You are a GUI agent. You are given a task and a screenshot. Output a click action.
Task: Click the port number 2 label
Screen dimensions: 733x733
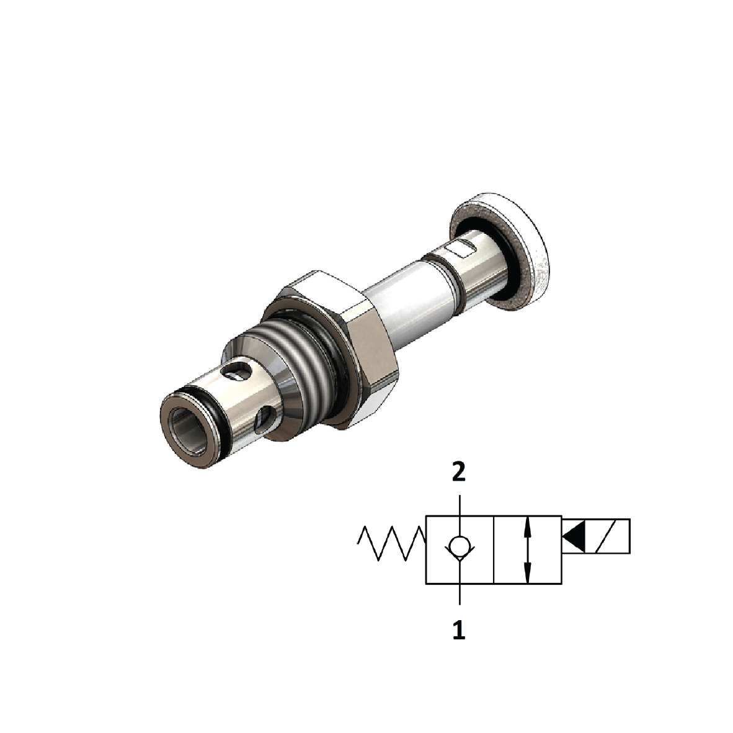click(x=458, y=473)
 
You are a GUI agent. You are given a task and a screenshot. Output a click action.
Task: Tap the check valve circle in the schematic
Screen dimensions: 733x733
click(x=459, y=546)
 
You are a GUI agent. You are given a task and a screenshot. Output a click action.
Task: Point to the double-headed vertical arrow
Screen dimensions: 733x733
click(x=528, y=549)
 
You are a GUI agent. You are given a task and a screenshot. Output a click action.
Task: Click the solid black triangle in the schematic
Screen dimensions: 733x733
click(x=574, y=536)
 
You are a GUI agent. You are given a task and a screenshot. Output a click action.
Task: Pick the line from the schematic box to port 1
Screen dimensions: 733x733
click(x=459, y=593)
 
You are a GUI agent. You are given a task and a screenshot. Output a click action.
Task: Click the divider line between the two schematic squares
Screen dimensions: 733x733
click(x=493, y=549)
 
